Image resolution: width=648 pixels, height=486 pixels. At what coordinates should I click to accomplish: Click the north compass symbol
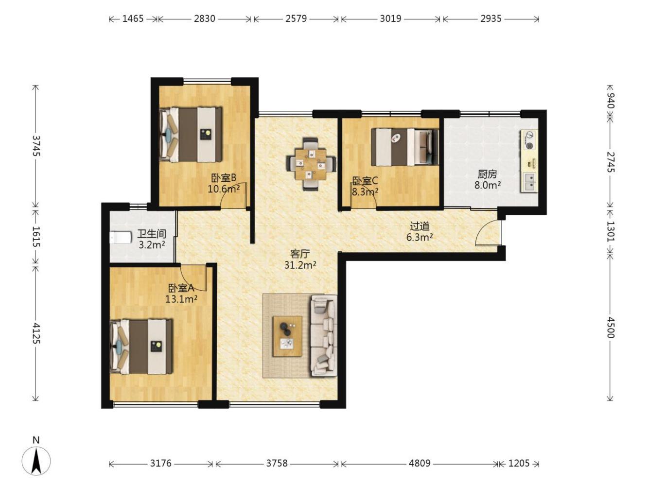pyautogui.click(x=36, y=460)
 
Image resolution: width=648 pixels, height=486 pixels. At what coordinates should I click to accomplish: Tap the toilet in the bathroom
pyautogui.click(x=121, y=238)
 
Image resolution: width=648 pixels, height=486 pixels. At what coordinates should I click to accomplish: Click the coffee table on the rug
pyautogui.click(x=287, y=336)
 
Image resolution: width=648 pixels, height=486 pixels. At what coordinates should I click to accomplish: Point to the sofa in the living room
pyautogui.click(x=324, y=335)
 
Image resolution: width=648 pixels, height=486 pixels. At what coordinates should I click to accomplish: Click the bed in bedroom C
pyautogui.click(x=405, y=147)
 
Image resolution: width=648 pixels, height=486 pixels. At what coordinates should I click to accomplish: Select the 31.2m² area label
pyautogui.click(x=300, y=265)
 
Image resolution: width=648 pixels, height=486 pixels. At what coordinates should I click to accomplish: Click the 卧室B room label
pyautogui.click(x=224, y=178)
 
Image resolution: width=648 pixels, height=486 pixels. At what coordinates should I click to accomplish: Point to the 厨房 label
pyautogui.click(x=487, y=174)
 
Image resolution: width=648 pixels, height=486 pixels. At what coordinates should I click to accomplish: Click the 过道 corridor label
pyautogui.click(x=420, y=226)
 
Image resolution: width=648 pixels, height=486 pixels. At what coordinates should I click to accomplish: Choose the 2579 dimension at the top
pyautogui.click(x=296, y=18)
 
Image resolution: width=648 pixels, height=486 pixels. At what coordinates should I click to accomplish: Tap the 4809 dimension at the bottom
pyautogui.click(x=420, y=463)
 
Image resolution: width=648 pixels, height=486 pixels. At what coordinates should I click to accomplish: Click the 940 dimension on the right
pyautogui.click(x=611, y=100)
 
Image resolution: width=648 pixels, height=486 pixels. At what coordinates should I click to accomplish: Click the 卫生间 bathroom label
pyautogui.click(x=152, y=234)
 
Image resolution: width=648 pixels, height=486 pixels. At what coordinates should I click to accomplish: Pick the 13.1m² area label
pyautogui.click(x=181, y=299)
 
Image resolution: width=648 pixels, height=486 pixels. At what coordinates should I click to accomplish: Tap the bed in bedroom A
pyautogui.click(x=141, y=347)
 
